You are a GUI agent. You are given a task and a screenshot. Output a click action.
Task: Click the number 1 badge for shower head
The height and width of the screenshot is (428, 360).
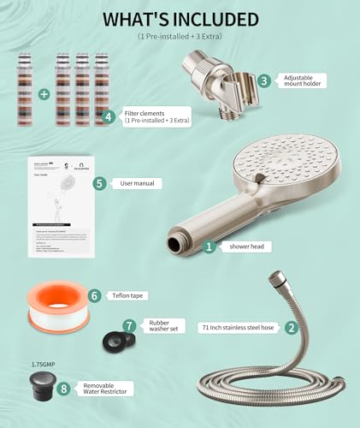[209, 246]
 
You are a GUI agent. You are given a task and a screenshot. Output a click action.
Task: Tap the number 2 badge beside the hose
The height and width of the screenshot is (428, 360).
[291, 327]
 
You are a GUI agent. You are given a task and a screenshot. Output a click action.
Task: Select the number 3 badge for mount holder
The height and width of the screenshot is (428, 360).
[264, 80]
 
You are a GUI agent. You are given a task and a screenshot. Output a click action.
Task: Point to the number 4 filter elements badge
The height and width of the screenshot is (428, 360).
[108, 117]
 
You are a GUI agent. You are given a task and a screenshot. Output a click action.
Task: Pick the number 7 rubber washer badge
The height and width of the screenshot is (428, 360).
[129, 326]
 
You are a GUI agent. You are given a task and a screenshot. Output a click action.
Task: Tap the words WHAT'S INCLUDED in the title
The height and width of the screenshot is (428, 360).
[180, 19]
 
